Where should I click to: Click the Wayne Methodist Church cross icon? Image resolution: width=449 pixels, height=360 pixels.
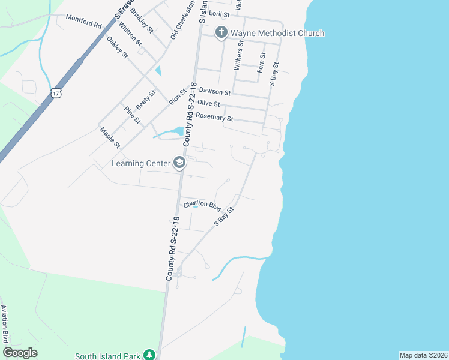[221, 33]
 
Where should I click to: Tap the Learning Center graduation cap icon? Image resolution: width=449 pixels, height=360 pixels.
[179, 163]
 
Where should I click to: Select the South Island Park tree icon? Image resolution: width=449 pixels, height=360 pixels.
[149, 355]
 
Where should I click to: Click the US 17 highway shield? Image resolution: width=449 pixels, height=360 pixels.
[56, 93]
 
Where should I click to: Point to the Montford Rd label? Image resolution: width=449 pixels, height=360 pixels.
[83, 22]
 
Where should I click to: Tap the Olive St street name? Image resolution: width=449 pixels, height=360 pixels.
[209, 104]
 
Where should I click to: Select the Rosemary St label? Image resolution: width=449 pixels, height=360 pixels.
[214, 116]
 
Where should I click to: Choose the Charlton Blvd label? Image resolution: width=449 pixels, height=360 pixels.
[203, 204]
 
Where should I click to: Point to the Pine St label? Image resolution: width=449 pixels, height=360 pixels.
[132, 115]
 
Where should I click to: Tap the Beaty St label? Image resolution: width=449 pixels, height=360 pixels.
[145, 99]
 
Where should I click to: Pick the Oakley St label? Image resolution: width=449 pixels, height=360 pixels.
[117, 47]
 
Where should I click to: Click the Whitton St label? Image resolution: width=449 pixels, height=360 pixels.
[130, 34]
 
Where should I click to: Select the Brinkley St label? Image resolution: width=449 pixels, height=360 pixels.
[142, 22]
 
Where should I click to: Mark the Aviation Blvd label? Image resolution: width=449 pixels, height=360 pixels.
[4, 324]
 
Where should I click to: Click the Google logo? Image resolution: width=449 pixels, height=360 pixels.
[20, 353]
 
